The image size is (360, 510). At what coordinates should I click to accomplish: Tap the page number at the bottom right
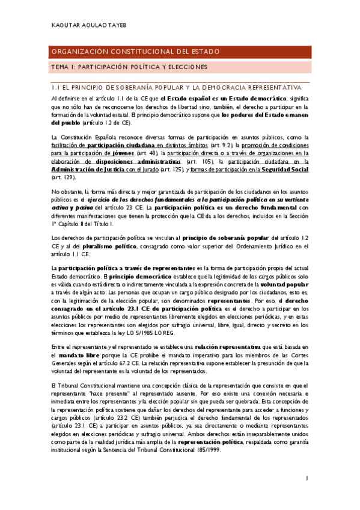coord(307,479)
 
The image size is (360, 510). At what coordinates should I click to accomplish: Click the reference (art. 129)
coord(62,177)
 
